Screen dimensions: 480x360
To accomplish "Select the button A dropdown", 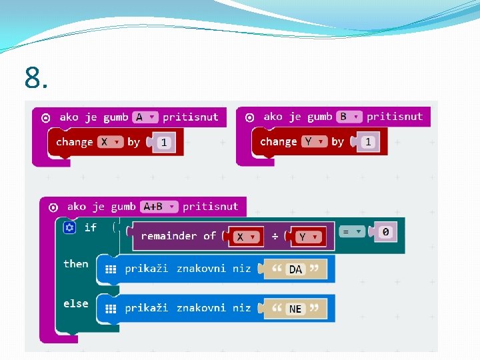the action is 145,117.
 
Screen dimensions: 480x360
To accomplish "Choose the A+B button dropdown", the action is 160,207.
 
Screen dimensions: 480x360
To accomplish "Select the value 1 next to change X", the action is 164,143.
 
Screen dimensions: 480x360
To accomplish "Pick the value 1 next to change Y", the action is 368,142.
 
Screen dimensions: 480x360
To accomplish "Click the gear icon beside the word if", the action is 69,228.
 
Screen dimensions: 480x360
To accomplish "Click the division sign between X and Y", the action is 274,237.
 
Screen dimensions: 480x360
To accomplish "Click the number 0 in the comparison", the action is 385,232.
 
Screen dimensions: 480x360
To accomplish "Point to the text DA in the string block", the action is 295,269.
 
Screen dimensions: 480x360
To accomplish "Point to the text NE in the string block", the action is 295,309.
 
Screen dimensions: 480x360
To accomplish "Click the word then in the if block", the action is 75,264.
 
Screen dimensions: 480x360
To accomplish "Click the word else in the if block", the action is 75,303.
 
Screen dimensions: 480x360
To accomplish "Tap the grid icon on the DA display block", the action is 111,269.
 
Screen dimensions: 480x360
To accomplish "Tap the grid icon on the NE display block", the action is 111,309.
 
